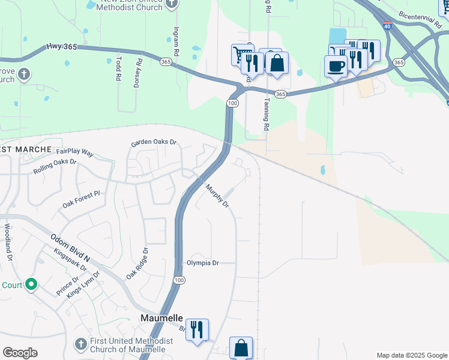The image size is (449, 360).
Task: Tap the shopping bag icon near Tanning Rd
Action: pos(277,62)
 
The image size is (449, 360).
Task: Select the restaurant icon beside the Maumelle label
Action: pos(196,329)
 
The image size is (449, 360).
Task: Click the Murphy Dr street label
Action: pos(217,196)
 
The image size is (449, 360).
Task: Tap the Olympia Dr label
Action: pos(203,263)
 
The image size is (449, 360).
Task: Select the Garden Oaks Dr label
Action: pos(154,143)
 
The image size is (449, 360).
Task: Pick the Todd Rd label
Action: pos(118,69)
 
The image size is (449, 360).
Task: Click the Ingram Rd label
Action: pos(176,41)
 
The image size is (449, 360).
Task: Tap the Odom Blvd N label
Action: pos(70,248)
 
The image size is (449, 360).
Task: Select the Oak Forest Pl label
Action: pos(81,200)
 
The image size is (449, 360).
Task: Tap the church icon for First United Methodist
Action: pos(81,344)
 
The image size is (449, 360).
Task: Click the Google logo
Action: pos(20,353)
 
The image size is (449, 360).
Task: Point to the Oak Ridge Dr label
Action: pos(137,262)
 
